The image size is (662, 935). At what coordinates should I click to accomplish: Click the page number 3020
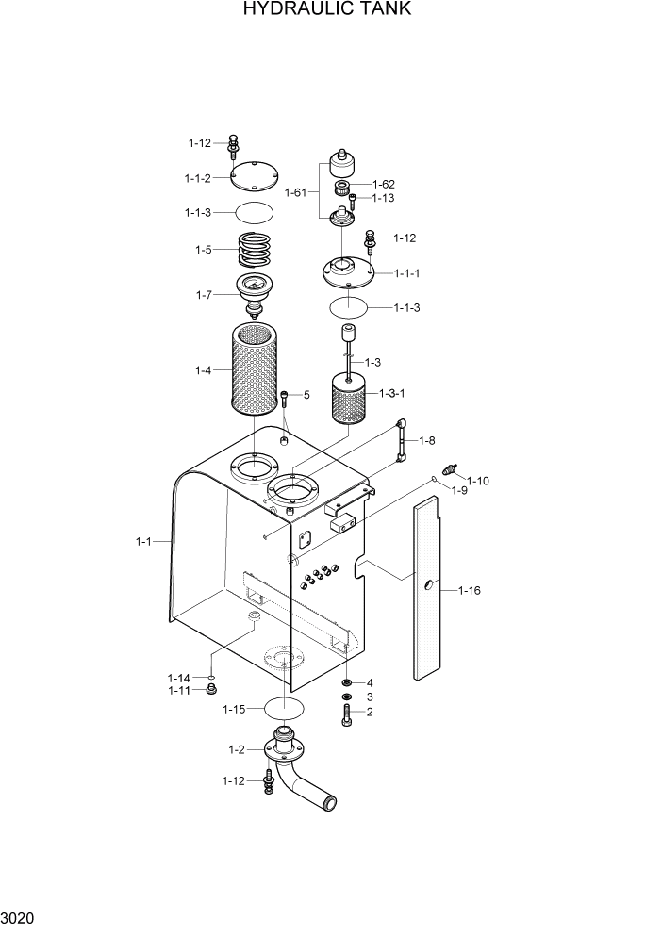[x=20, y=915]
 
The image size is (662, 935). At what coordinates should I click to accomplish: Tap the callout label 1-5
[x=203, y=250]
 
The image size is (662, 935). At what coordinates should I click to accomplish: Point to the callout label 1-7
[x=203, y=295]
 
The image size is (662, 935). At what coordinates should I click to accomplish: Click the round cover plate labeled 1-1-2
[x=252, y=176]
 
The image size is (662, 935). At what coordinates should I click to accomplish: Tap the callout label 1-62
[x=383, y=185]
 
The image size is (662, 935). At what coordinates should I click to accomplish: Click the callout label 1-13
[x=382, y=199]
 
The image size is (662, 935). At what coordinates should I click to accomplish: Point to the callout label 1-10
[x=478, y=481]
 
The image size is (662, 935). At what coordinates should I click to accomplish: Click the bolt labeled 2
[x=348, y=713]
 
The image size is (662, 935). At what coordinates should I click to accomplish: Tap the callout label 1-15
[x=233, y=709]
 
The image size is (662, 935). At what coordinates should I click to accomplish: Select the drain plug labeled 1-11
[x=212, y=692]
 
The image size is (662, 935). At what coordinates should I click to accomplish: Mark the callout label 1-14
[x=178, y=678]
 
